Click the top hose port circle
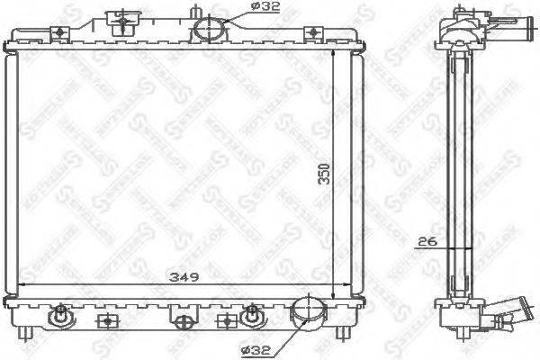click(208, 30)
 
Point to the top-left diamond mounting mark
click(60, 32)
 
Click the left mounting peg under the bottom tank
click(32, 332)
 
